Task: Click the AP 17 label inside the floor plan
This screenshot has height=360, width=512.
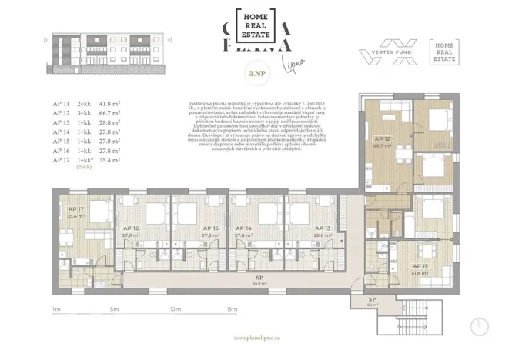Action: [x=76, y=209]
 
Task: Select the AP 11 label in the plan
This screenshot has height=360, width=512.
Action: [x=420, y=266]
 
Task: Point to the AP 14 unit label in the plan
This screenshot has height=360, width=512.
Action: [x=244, y=228]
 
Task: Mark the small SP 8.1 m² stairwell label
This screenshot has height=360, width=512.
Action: [x=372, y=300]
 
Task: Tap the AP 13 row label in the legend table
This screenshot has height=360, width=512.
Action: [x=61, y=122]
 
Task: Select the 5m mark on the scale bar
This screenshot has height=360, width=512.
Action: [x=113, y=309]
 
